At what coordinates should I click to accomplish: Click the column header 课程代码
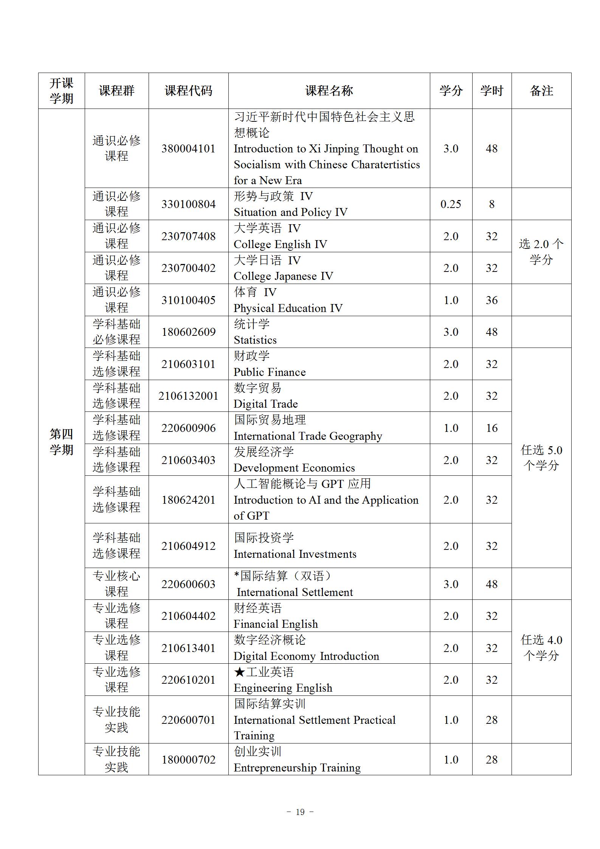pos(188,91)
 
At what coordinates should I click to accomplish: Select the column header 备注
pos(541,91)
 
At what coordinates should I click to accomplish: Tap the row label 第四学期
pos(61,442)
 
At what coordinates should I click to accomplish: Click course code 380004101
pos(188,149)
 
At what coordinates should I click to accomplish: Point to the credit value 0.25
pos(451,204)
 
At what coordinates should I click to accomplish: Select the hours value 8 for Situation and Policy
pos(491,204)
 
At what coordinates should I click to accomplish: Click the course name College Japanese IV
pos(283,276)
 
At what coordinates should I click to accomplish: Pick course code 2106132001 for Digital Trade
pos(188,396)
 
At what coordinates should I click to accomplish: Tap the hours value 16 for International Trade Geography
pos(491,428)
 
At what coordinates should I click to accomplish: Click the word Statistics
pos(255,340)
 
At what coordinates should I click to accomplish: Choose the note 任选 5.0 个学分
pos(541,458)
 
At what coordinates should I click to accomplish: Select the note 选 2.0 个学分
pos(541,252)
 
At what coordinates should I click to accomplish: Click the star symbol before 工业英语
pos(240,672)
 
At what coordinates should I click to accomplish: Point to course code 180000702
pos(188,760)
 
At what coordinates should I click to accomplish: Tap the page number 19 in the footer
pos(300,812)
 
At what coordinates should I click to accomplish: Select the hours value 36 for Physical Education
pos(491,300)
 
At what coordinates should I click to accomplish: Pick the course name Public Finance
pos(270,372)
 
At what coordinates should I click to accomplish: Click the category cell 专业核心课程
pos(116,584)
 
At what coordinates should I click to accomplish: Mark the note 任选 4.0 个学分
pos(541,647)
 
